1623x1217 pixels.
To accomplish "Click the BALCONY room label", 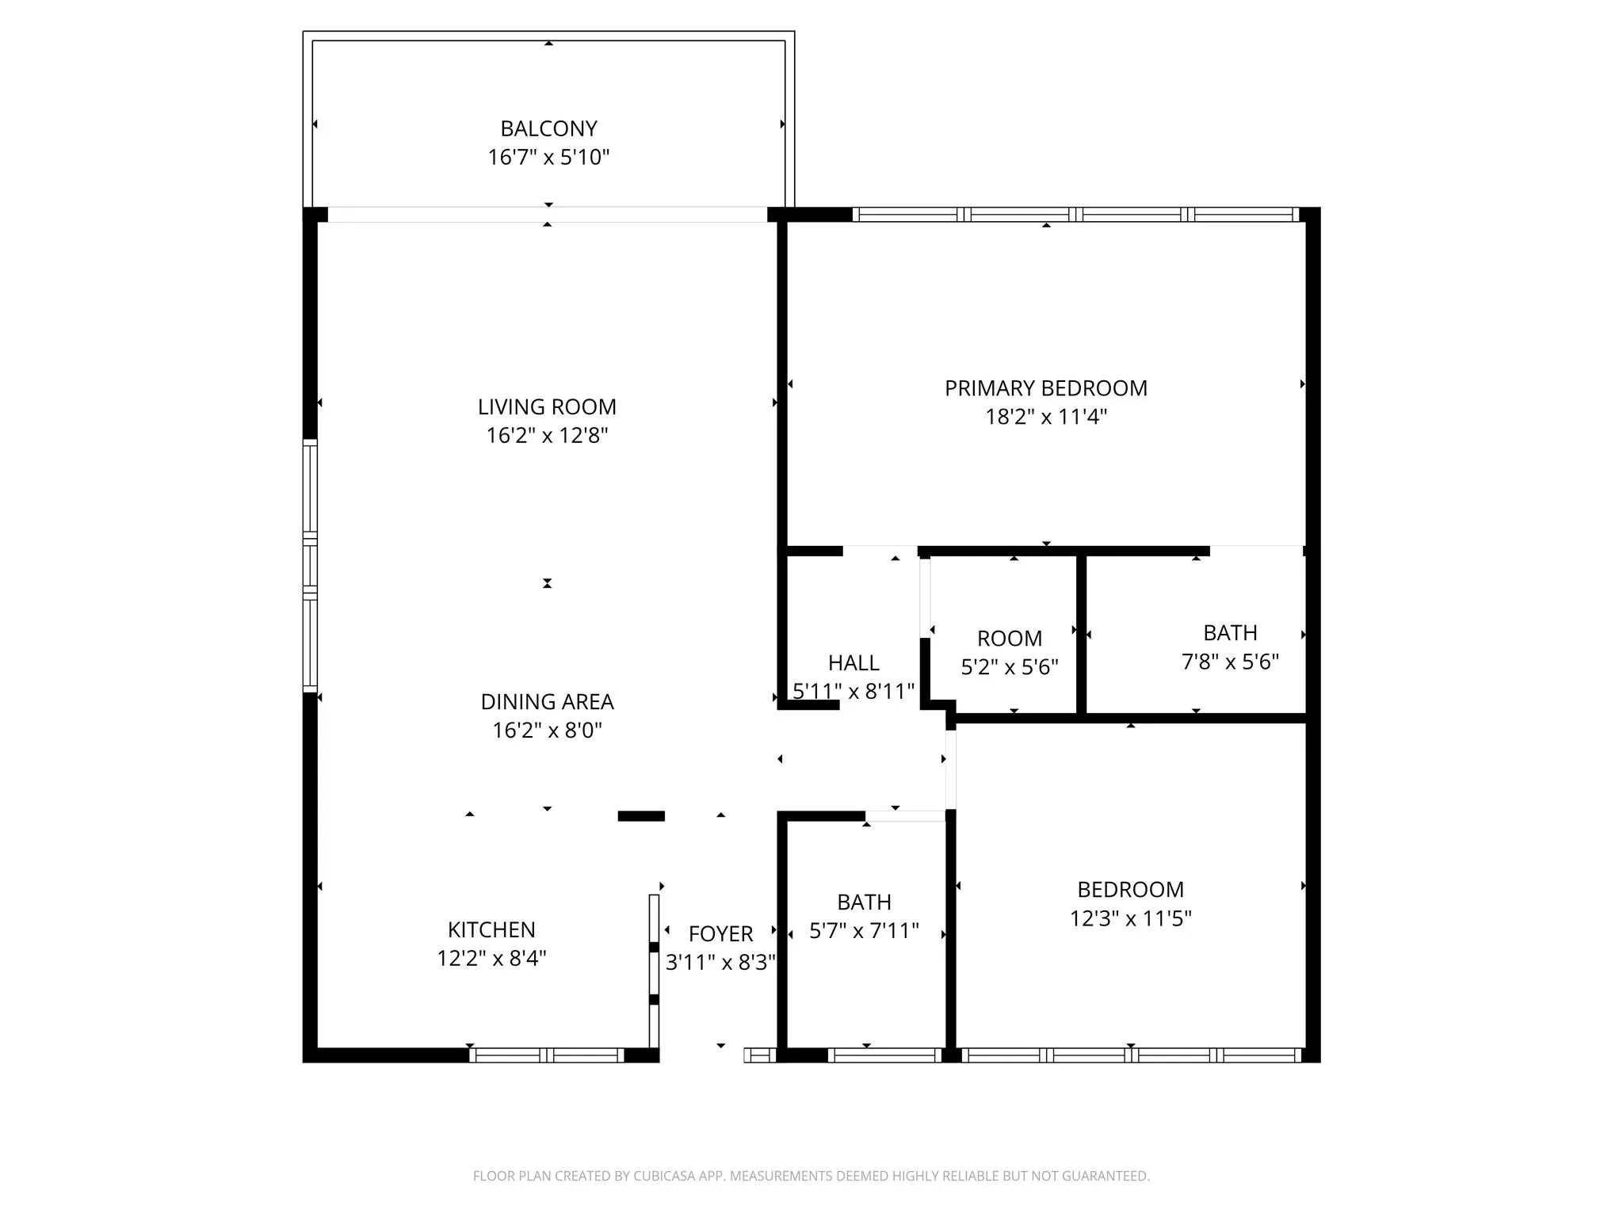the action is [548, 128].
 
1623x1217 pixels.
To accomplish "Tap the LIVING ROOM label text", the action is [547, 407].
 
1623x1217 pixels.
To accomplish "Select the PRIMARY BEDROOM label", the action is [1046, 388].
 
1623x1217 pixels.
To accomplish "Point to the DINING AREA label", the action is [548, 702].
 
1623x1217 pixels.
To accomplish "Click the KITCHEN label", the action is [491, 929].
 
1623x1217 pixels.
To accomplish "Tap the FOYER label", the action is [721, 934].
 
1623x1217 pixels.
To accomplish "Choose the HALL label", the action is [854, 662].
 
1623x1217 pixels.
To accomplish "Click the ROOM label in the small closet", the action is [1010, 639].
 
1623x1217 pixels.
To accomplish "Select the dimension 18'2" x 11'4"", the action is [1046, 417].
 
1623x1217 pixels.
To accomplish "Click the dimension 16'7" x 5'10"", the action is [548, 157].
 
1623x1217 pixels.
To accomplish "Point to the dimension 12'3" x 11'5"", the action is [1131, 918].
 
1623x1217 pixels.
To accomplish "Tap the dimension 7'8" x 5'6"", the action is [1231, 662].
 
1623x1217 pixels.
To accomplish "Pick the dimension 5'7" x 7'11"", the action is [864, 930].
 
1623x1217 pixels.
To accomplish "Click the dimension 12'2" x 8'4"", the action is [491, 958].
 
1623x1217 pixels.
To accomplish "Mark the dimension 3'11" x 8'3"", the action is [720, 962].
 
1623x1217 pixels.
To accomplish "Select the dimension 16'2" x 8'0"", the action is [548, 730].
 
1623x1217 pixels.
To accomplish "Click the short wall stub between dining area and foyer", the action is [641, 816].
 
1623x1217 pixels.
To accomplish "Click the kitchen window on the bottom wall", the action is [547, 1055].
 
